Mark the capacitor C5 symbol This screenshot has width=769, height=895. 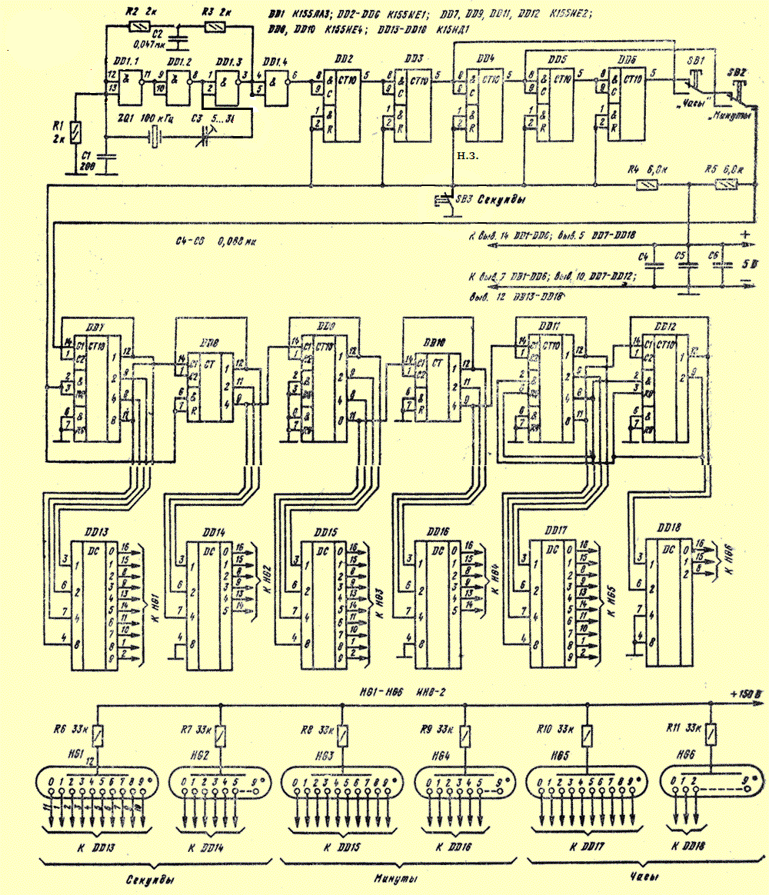681,265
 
